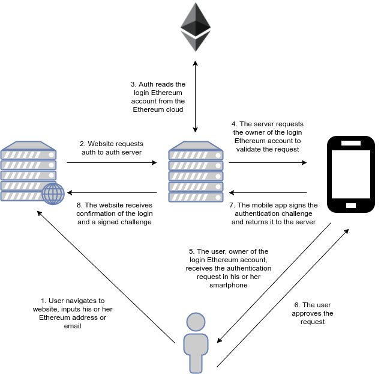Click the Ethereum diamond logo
pos(196,27)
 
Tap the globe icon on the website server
pos(53,194)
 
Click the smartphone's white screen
pos(351,174)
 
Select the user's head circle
pos(196,322)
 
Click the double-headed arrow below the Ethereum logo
pos(195,96)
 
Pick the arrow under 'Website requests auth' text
pos(112,162)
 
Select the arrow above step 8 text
pos(112,192)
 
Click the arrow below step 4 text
pos(268,162)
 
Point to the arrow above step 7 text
pos(268,192)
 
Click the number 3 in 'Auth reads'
pos(133,84)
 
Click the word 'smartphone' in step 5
pos(229,285)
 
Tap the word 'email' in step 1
pos(73,326)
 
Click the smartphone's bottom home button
pos(351,206)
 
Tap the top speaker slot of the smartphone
pos(351,143)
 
